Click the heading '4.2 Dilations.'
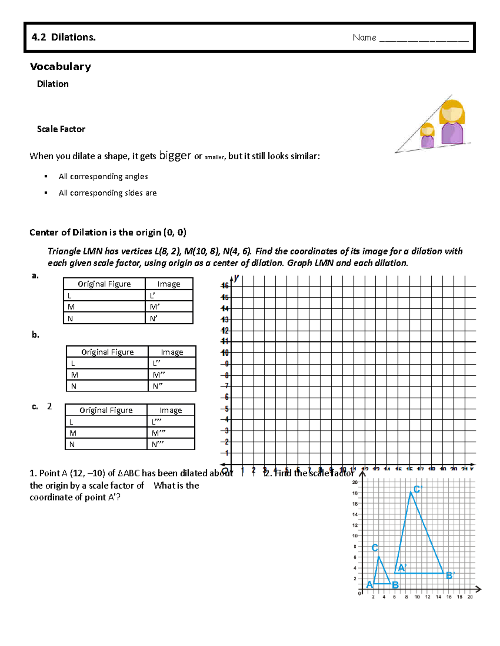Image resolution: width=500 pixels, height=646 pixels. pos(63,37)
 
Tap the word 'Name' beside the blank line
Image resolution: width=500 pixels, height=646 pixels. pos(364,38)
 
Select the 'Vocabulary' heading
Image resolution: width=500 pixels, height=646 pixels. pos(60,67)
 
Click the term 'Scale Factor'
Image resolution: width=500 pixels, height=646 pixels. pos(61,129)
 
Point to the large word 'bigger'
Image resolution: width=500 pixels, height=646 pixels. pos(175,156)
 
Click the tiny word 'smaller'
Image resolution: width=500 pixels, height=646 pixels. pos(214,158)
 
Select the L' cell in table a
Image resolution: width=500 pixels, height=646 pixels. pos(169,296)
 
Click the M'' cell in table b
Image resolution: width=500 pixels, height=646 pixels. pos(172,375)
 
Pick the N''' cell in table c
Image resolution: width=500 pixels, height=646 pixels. pos(170,444)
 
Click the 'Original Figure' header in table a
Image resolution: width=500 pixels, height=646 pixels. pos(104,284)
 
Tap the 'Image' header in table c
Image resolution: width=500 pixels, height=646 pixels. pos(171,410)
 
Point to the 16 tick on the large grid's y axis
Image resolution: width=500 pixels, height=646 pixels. pos(225,286)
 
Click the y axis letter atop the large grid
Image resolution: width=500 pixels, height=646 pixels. pos(236,277)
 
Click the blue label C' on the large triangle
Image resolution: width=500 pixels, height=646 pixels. pos(417,489)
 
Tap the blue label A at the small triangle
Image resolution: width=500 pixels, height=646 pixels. pos(369,585)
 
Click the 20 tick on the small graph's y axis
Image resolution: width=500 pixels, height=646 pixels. pos(355,483)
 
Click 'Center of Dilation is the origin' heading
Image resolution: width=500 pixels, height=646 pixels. pos(107,233)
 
